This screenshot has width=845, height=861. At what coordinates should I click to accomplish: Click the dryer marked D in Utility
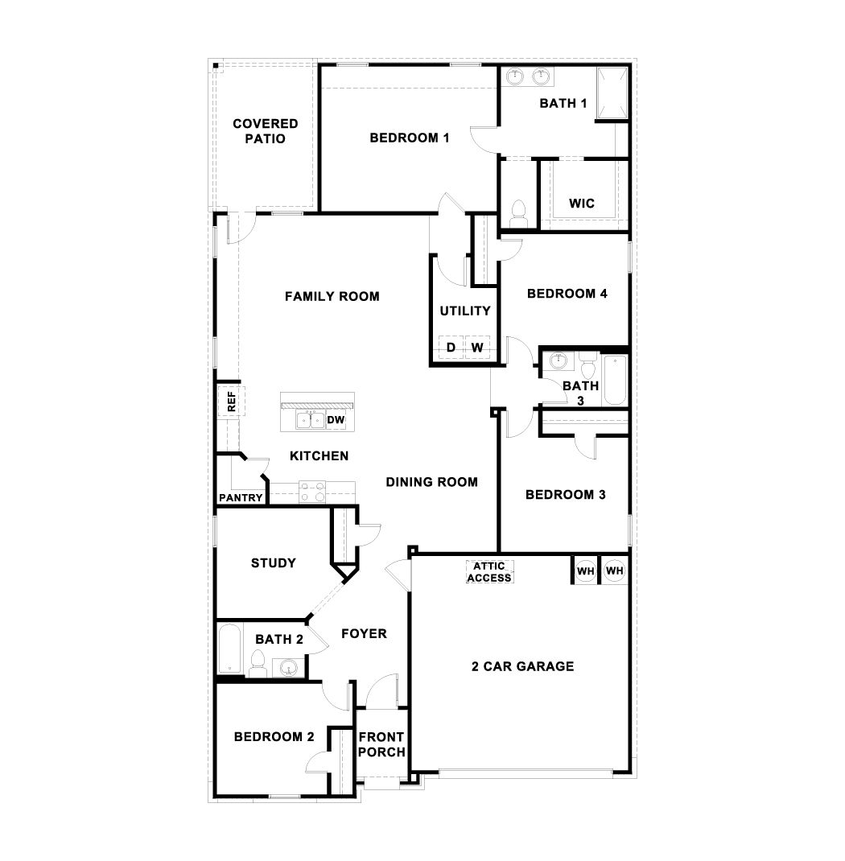[451, 348]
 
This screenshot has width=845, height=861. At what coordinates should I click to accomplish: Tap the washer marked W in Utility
[477, 348]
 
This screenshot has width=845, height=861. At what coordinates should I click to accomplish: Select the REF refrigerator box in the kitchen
[230, 402]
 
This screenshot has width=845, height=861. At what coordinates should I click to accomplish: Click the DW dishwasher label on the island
[336, 420]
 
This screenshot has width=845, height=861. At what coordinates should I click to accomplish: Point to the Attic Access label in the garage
[489, 572]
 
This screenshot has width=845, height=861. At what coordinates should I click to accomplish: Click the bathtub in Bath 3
[615, 380]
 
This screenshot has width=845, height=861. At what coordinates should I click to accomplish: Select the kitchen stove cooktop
[311, 491]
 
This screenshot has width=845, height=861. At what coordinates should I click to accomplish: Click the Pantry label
[241, 498]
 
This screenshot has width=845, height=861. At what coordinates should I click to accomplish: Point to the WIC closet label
[582, 204]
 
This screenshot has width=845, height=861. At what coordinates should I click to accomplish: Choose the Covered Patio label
[266, 131]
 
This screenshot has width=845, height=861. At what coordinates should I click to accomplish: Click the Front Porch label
[381, 744]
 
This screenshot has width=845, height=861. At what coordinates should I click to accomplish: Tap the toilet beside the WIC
[517, 212]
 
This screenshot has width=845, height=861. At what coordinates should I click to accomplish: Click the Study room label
[274, 563]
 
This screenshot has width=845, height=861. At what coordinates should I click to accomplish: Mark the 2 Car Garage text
[522, 666]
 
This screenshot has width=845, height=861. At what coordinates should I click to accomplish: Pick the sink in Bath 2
[289, 667]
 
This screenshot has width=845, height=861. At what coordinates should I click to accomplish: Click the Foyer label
[364, 634]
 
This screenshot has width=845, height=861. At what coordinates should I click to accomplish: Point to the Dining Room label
[431, 483]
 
